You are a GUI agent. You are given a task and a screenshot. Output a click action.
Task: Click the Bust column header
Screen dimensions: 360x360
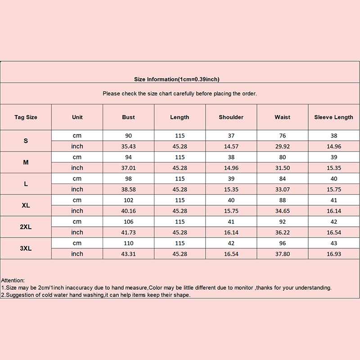pos(128,117)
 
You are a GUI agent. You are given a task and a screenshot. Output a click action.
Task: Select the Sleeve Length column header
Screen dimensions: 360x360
pos(333,117)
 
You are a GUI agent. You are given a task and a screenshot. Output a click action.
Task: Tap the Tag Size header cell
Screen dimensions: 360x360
pos(26,117)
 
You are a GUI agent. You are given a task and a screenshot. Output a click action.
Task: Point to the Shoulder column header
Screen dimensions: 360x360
pos(231,117)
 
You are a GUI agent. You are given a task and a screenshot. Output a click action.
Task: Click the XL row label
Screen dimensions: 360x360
pos(26,205)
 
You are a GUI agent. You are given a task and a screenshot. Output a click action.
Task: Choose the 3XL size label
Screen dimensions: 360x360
pos(26,248)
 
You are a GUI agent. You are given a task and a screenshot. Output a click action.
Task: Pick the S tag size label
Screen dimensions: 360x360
pos(26,140)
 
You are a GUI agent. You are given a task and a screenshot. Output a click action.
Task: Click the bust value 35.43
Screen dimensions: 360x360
pos(128,146)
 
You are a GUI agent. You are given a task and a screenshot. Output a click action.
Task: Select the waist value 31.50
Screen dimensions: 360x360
pos(282,168)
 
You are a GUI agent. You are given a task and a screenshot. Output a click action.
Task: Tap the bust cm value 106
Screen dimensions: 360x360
pos(128,221)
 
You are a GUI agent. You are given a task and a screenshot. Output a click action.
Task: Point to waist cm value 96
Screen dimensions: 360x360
pos(282,243)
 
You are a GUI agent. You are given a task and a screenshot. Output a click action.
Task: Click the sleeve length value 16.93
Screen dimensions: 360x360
pos(333,254)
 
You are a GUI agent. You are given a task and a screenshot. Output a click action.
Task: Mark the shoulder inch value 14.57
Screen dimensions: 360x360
pos(231,146)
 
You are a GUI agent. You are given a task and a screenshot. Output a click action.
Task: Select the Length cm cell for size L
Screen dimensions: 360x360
pos(180,179)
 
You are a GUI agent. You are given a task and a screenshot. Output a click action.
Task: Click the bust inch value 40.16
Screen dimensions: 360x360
pos(128,211)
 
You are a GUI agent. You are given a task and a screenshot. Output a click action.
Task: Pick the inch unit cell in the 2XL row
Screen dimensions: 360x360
pos(77,232)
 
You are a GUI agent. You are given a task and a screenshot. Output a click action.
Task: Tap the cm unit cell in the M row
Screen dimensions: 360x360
pos(77,157)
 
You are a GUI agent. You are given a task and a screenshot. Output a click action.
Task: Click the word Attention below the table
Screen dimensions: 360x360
pos(13,280)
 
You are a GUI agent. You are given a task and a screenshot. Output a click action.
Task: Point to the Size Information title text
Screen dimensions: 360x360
pos(176,79)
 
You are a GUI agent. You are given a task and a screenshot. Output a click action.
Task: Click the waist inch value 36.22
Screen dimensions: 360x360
pos(282,232)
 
